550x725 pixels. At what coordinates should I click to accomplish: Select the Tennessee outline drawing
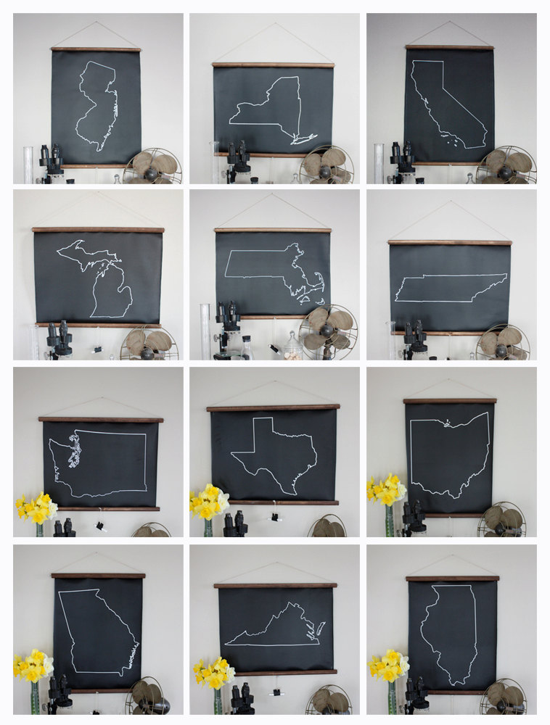pyautogui.click(x=450, y=289)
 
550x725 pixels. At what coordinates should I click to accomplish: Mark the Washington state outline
pyautogui.click(x=98, y=463)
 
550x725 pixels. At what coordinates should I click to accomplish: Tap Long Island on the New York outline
pyautogui.click(x=304, y=138)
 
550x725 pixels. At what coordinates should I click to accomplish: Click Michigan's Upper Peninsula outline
pyautogui.click(x=84, y=254)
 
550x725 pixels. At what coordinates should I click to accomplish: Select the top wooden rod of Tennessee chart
pyautogui.click(x=449, y=242)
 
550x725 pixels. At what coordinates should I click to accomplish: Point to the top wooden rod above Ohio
pyautogui.click(x=449, y=400)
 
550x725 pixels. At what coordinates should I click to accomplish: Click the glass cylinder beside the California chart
pyautogui.click(x=379, y=162)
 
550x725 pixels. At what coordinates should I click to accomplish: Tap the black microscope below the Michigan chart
pyautogui.click(x=59, y=340)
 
